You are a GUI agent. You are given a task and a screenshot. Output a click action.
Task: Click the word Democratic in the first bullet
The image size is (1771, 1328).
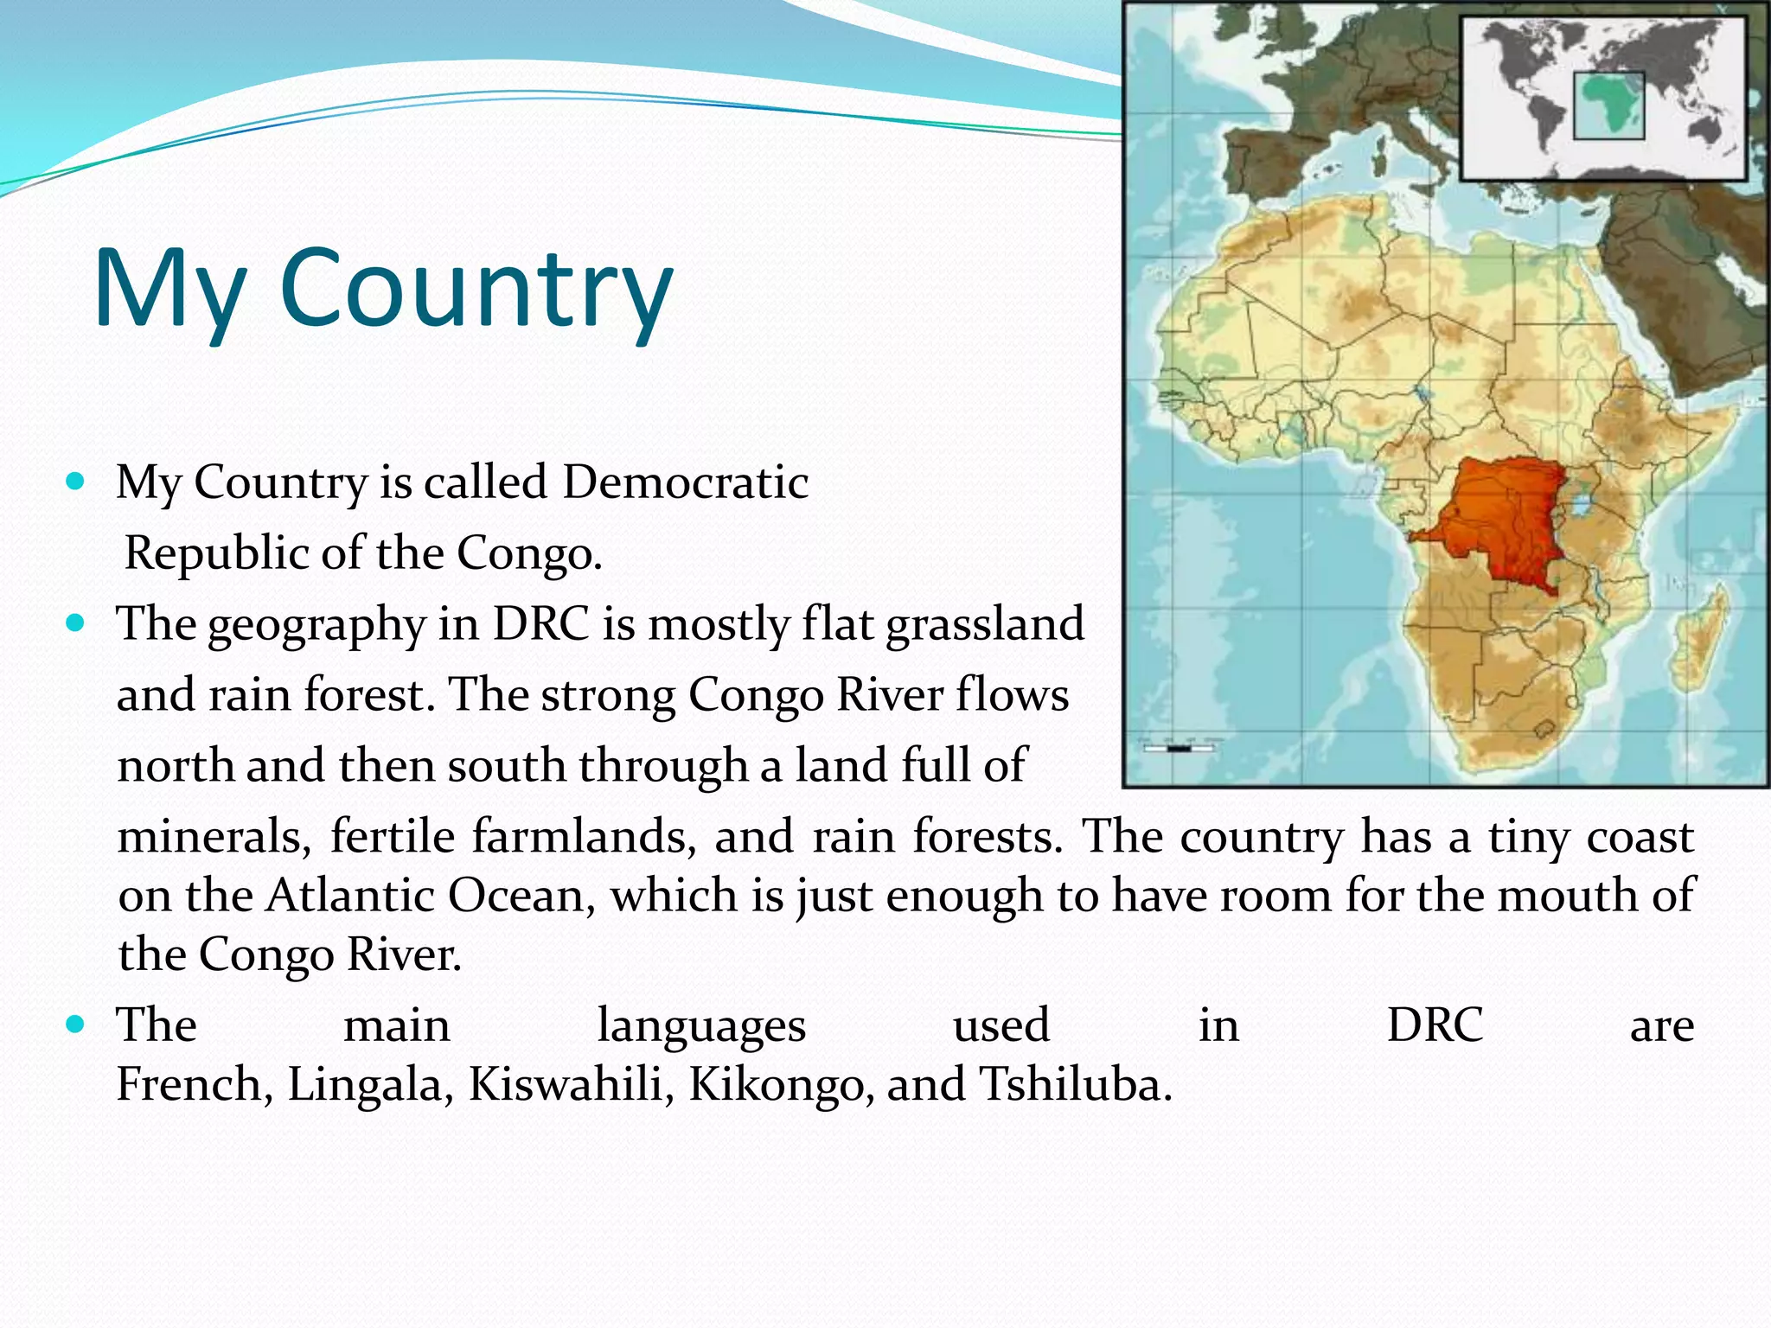(x=685, y=482)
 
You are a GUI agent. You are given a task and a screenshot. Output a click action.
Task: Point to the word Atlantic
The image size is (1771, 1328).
(x=349, y=895)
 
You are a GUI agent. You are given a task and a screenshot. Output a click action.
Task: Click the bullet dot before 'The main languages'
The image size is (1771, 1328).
(x=75, y=1025)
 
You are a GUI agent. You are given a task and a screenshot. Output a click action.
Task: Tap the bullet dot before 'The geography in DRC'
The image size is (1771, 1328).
(x=75, y=622)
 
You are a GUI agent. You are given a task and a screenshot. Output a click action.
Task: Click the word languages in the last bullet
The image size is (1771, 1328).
(x=701, y=1025)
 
